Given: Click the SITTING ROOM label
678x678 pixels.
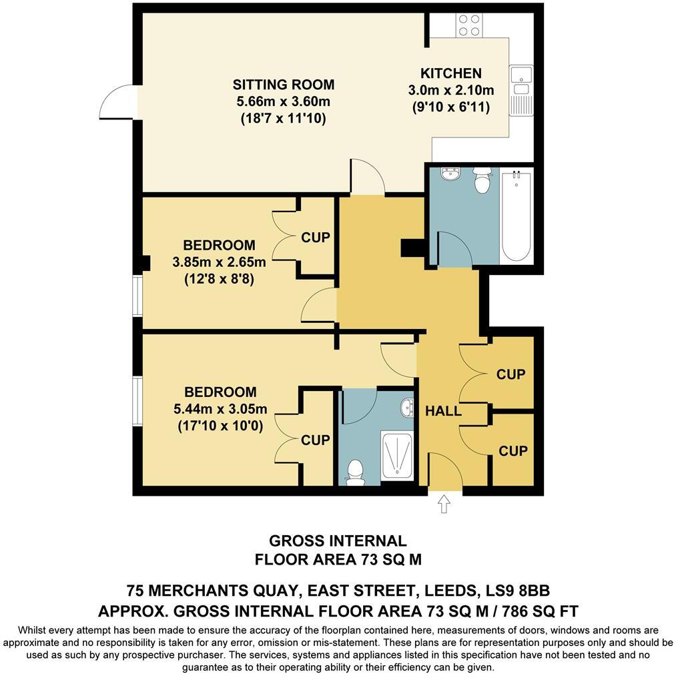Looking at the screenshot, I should point(283,85).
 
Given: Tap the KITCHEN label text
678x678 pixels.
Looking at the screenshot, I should point(450,73).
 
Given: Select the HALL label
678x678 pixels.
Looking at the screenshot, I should point(443,411).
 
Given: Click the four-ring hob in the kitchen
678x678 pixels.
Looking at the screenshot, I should point(470,25).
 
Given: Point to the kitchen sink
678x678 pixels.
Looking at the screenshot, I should point(521,80).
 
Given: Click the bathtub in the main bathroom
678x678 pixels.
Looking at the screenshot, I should point(517,215).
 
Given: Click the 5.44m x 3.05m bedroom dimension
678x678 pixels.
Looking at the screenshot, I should point(220,409).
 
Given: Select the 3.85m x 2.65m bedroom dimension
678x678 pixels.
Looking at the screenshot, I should point(219,262).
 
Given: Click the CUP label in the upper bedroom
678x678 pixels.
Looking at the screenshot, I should point(315,238).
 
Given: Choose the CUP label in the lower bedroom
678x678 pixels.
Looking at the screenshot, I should point(315,440).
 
